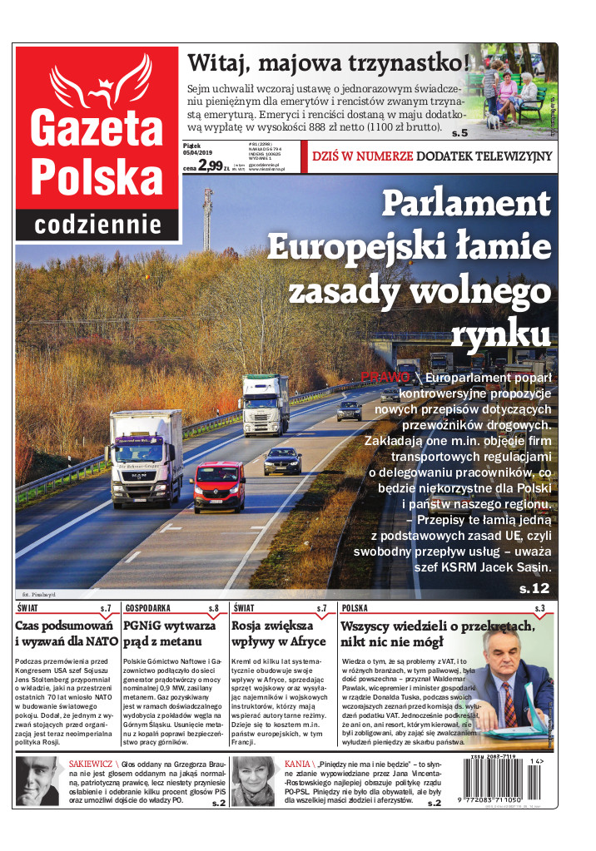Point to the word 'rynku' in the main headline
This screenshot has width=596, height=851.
tap(500, 334)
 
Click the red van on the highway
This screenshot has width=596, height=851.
tap(218, 487)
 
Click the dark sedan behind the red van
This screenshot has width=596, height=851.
tap(282, 460)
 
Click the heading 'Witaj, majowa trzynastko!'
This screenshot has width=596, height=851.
tap(329, 63)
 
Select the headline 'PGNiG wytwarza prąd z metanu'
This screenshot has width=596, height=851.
tap(169, 633)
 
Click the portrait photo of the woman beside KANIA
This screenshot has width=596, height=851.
tap(252, 781)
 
